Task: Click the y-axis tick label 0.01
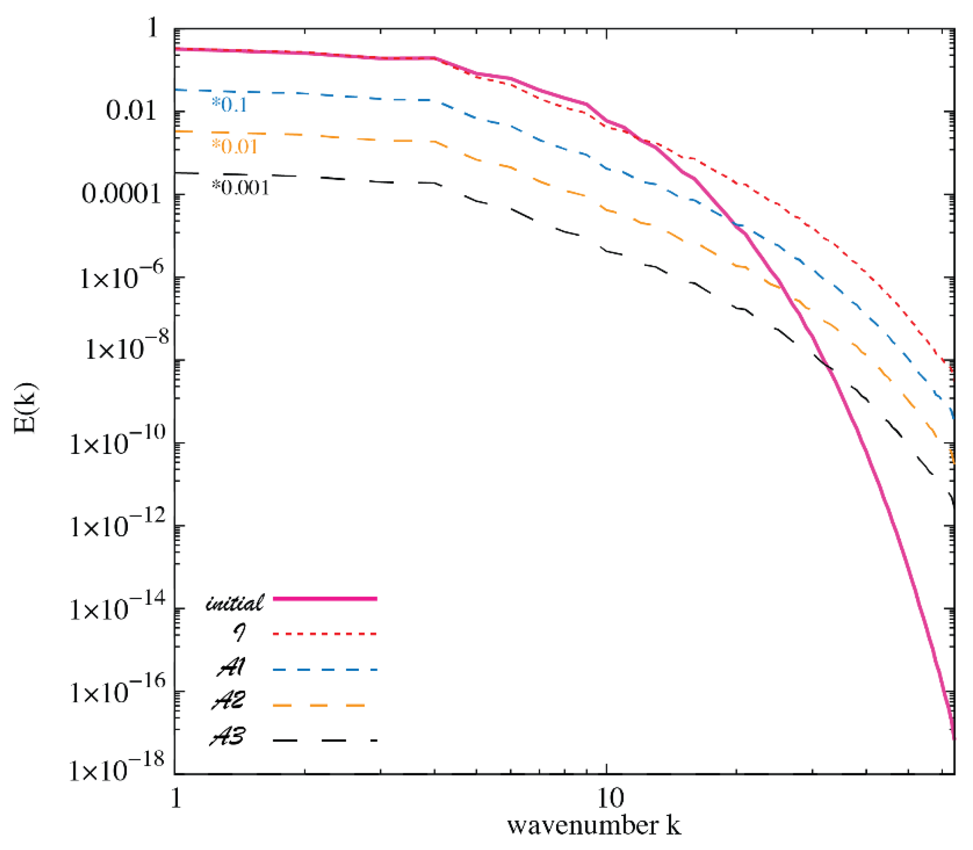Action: coord(131,112)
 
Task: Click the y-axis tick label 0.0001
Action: coord(121,194)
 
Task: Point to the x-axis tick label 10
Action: coord(609,798)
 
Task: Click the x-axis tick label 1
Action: coord(176,798)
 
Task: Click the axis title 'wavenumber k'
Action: coord(594,826)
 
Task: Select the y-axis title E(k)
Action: coord(25,409)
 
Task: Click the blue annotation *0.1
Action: coord(230,105)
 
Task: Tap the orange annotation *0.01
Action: coord(234,147)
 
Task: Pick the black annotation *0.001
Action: coord(240,188)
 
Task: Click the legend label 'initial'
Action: coord(234,603)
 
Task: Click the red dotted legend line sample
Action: coord(325,634)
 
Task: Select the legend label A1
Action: coord(231,668)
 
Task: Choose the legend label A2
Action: coord(229,701)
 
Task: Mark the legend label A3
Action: coord(228,737)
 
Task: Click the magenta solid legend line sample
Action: coord(325,599)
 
